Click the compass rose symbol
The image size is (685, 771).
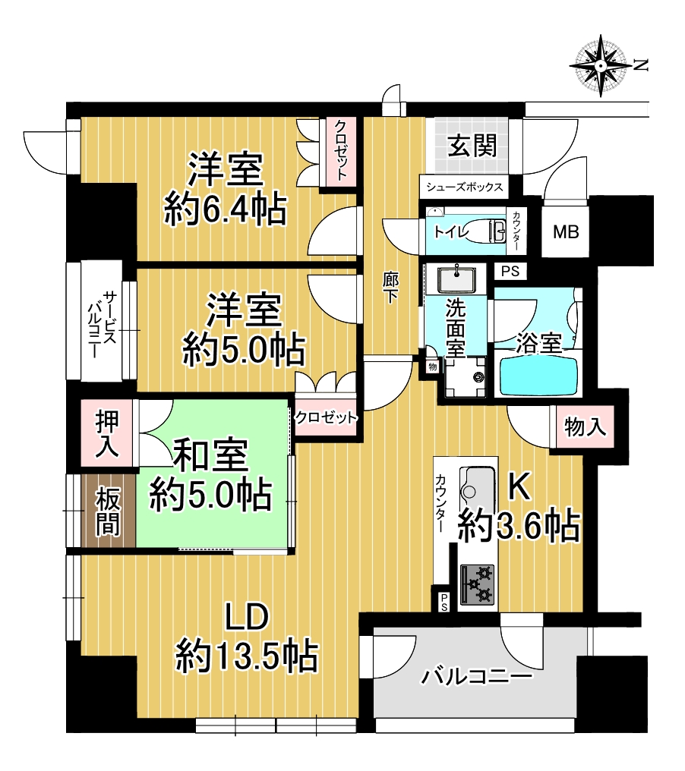click(x=601, y=65)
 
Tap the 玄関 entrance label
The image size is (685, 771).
click(x=472, y=145)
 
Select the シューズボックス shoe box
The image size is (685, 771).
click(x=464, y=187)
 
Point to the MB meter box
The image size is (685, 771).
click(x=566, y=231)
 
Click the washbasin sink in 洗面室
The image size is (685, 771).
click(x=456, y=279)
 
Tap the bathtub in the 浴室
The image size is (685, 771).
click(x=538, y=376)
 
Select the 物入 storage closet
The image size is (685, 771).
click(x=585, y=426)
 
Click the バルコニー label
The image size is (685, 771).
click(x=476, y=677)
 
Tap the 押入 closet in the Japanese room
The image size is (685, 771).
click(x=107, y=433)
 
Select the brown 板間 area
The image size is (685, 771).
click(x=108, y=510)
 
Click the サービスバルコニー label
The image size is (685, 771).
click(x=102, y=323)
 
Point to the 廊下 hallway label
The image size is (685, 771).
click(x=391, y=288)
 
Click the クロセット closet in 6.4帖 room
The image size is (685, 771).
click(x=339, y=152)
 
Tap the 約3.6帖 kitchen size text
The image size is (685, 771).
click(x=518, y=527)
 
